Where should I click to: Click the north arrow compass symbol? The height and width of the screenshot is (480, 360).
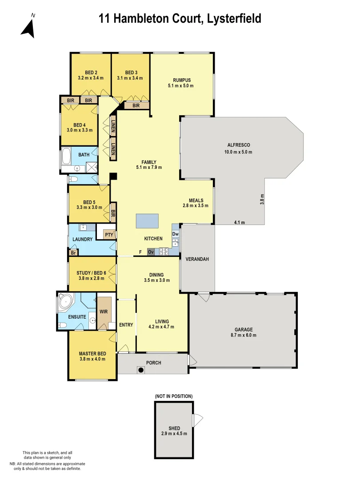point(28,27)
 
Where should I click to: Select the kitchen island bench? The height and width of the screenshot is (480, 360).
point(147,220)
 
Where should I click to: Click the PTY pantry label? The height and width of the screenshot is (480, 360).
point(108,234)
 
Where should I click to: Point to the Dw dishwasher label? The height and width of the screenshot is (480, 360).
point(175,233)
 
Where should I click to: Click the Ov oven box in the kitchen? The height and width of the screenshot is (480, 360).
point(151,252)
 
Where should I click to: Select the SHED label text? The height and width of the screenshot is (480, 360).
point(174,428)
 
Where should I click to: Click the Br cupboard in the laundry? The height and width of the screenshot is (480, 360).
point(72,252)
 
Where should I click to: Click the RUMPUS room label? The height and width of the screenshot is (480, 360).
point(181,80)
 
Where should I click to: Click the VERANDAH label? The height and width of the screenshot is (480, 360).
point(197,259)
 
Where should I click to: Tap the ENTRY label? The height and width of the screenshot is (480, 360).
point(126,325)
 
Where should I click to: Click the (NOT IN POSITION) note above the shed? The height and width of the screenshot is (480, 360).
point(173,396)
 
